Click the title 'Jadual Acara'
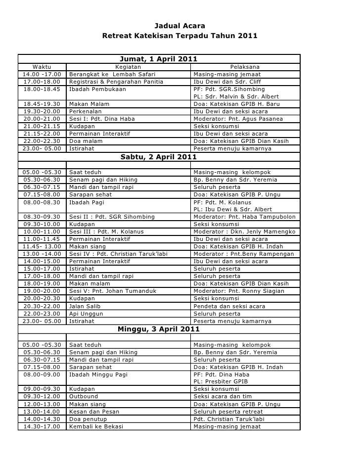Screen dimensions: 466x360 180,26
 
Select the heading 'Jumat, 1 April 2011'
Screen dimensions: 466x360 159,59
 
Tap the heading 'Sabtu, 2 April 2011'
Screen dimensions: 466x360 159,157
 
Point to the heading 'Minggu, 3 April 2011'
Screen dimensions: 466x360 159,329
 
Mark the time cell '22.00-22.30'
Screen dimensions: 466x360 42,141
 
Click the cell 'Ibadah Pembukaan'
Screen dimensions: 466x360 97,90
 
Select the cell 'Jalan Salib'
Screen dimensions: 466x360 86,307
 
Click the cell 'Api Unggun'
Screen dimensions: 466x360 86,314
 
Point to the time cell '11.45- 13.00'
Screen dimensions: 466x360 42,246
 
